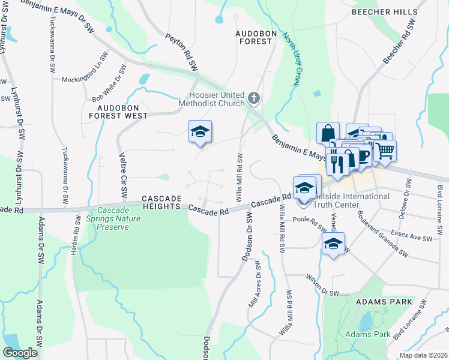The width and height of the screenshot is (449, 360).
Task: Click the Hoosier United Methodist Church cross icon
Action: [254, 98]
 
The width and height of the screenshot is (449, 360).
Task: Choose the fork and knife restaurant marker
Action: [337, 161]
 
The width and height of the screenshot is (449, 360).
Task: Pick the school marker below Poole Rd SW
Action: [333, 244]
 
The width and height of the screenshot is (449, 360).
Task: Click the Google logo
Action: [20, 353]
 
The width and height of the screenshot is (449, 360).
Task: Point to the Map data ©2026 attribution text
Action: [423, 355]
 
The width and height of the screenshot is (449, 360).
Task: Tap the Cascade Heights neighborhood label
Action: [161, 202]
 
